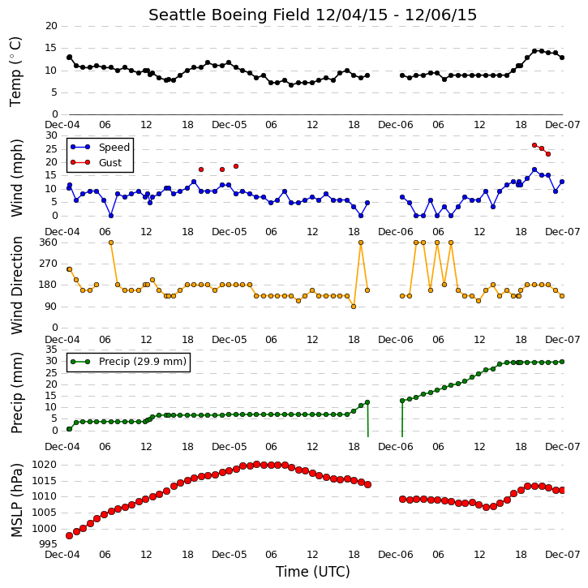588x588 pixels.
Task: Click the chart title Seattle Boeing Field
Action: [x=230, y=15]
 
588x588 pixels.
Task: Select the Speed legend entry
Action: [x=100, y=147]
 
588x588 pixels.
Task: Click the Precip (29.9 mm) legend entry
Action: [x=128, y=362]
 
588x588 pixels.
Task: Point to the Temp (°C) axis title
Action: [x=15, y=71]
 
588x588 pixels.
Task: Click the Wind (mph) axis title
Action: [x=17, y=178]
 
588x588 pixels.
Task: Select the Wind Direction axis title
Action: [x=17, y=285]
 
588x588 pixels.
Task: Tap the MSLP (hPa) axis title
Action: [x=17, y=500]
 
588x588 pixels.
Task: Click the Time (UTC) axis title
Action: [x=313, y=572]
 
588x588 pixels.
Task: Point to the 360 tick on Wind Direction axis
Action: [x=49, y=242]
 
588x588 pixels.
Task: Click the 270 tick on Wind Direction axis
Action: [x=49, y=264]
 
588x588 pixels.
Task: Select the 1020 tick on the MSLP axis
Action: [x=45, y=465]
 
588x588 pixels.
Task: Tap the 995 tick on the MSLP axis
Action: [x=49, y=544]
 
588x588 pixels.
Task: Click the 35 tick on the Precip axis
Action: [x=51, y=350]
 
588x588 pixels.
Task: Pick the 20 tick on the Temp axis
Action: [x=51, y=26]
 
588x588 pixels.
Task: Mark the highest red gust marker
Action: [x=534, y=145]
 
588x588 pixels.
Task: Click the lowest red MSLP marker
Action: [x=70, y=535]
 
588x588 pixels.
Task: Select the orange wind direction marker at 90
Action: [x=354, y=307]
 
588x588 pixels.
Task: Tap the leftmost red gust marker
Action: [x=201, y=170]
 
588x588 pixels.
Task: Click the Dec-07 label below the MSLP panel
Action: [x=563, y=554]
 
